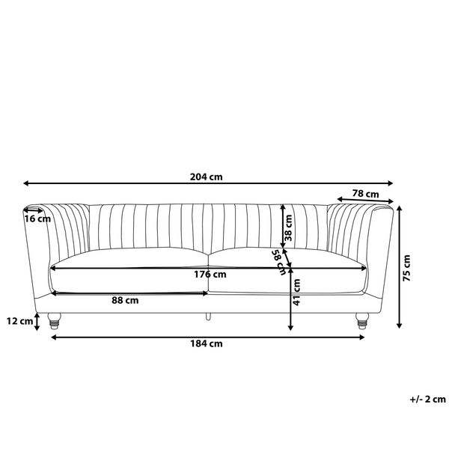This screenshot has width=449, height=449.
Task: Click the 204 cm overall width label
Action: [207, 177]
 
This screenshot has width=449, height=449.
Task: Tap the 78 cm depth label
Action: [365, 194]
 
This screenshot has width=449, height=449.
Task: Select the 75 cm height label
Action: [406, 268]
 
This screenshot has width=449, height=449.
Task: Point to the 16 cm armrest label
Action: [37, 219]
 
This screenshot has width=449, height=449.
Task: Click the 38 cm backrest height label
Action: [288, 227]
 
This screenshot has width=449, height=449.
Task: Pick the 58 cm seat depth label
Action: [279, 263]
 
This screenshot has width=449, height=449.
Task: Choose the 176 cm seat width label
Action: [210, 275]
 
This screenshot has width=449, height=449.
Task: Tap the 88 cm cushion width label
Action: [125, 300]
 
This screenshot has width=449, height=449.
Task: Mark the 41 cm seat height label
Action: [296, 292]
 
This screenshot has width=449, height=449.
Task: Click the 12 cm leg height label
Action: [19, 321]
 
